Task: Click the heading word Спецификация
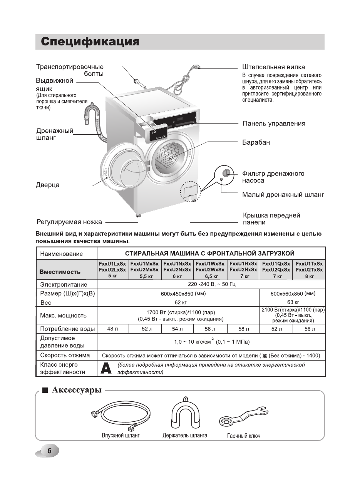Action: pyautogui.click(x=90, y=42)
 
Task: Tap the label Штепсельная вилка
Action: pyautogui.click(x=273, y=67)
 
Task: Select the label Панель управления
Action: pyautogui.click(x=274, y=124)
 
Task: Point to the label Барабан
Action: pyautogui.click(x=256, y=142)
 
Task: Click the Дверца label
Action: pyautogui.click(x=48, y=185)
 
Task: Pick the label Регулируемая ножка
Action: pyautogui.click(x=69, y=222)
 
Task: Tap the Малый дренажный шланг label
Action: pyautogui.click(x=283, y=195)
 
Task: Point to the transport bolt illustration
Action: pyautogui.click(x=136, y=81)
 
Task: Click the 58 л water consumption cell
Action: pyautogui.click(x=243, y=329)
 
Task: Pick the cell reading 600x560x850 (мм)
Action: pyautogui.click(x=293, y=294)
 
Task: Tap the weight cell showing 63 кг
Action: pyautogui.click(x=293, y=302)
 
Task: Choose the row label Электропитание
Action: pyautogui.click(x=64, y=285)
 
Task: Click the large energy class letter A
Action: pyautogui.click(x=106, y=368)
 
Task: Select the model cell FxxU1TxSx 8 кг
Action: pyautogui.click(x=309, y=270)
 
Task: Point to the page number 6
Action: pyautogui.click(x=49, y=451)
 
